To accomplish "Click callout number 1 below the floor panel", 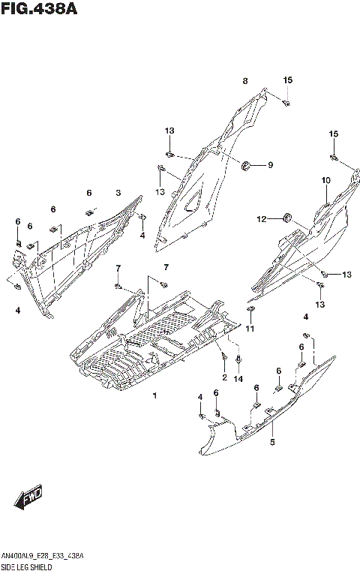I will point(155,395).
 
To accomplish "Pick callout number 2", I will point(224,376).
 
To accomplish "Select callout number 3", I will point(118,194).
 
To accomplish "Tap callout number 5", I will point(272,443).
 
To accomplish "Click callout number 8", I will point(244,81).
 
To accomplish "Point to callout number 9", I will point(271,165).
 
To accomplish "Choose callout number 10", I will point(326,180).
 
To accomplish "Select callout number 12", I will point(262,219).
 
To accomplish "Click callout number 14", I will point(238,380).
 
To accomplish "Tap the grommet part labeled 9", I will point(246,164).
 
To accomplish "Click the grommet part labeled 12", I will point(286,218).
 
